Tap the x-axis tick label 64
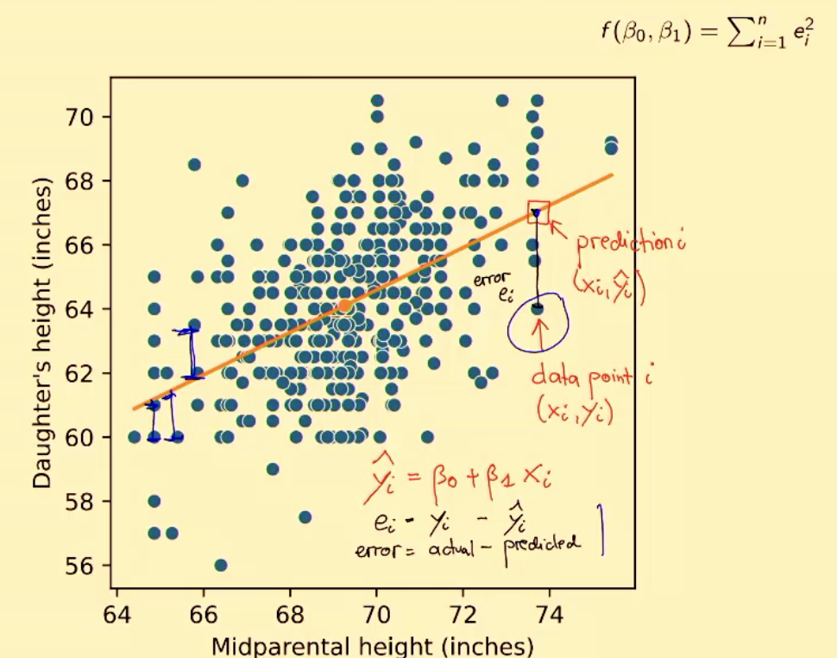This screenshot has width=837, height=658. tap(116, 618)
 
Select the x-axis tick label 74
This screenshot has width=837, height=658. tap(550, 618)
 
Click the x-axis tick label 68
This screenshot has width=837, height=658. tap(289, 618)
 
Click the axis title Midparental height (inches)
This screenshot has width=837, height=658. tap(372, 646)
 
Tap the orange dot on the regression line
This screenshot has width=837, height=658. tap(344, 306)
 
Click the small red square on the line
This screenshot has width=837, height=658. tap(538, 211)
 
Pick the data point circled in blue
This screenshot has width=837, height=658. tap(537, 307)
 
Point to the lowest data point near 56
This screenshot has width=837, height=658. tap(221, 566)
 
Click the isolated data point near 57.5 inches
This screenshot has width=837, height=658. tap(305, 517)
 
